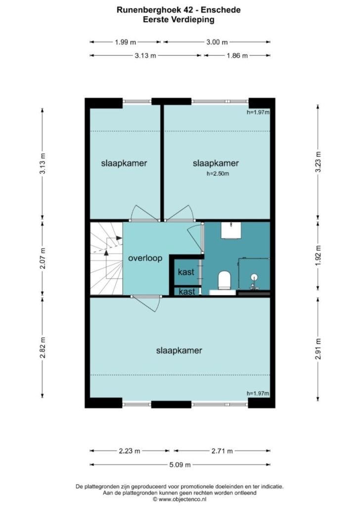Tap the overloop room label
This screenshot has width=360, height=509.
(145, 258)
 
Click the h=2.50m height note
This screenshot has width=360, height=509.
(218, 173)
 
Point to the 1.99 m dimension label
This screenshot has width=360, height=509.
(126, 42)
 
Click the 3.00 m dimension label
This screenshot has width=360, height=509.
(217, 42)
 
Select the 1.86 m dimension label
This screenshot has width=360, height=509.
(237, 55)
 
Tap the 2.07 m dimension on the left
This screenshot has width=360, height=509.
(43, 259)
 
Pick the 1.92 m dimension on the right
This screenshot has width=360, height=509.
(318, 255)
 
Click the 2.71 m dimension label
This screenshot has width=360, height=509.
(222, 451)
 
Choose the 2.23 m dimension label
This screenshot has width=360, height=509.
(130, 451)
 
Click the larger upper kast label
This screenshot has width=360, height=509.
(186, 272)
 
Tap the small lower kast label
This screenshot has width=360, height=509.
(187, 292)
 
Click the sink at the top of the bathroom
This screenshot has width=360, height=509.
(231, 230)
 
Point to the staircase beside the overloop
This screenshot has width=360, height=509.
(106, 258)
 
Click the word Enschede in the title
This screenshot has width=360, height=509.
(221, 10)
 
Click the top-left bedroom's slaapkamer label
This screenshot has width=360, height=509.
(124, 163)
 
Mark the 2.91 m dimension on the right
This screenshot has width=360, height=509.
(318, 349)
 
